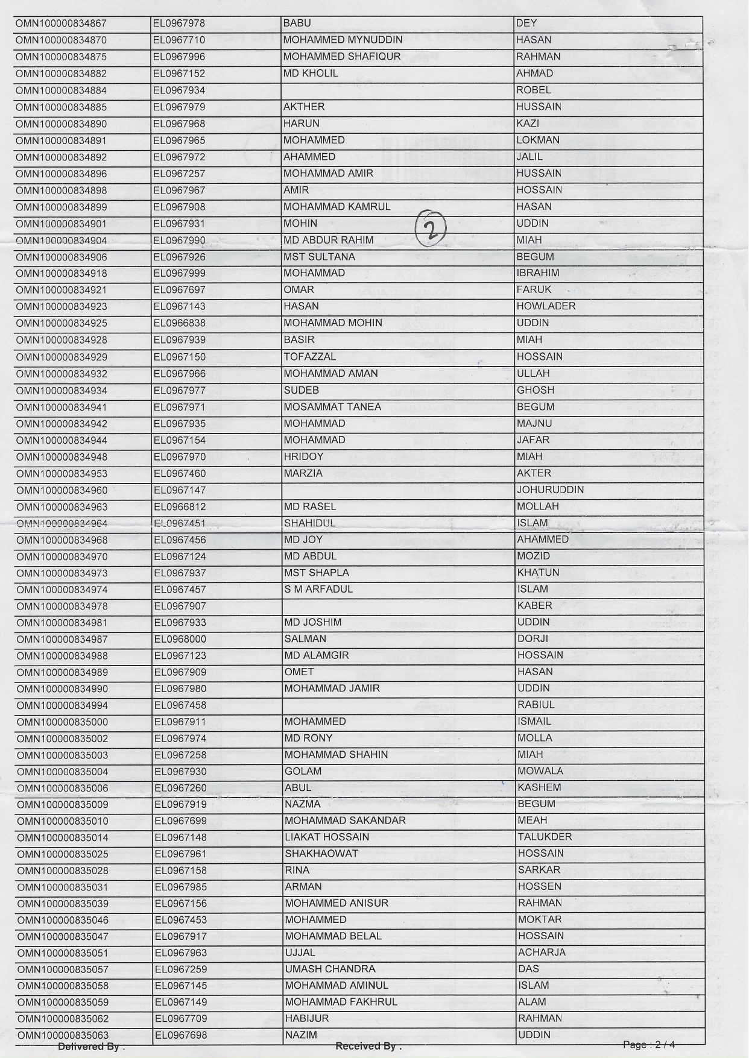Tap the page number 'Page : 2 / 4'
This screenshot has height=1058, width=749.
[x=648, y=1045]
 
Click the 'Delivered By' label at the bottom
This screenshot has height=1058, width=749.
[x=91, y=1047]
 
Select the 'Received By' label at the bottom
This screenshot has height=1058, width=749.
[x=368, y=1047]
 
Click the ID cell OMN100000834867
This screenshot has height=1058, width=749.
[x=61, y=24]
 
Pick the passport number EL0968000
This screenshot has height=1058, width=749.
[x=180, y=639]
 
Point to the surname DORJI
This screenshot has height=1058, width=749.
[x=533, y=639]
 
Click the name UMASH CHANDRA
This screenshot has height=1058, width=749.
[x=330, y=969]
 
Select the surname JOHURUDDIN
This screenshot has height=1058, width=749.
[x=550, y=490]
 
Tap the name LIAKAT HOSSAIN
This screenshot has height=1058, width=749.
[x=327, y=837]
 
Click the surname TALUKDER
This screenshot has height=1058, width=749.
[x=545, y=837]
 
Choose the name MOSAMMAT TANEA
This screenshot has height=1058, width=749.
[x=332, y=407]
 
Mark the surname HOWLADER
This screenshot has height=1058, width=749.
[x=546, y=306]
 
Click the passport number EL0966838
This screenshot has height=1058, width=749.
[x=179, y=323]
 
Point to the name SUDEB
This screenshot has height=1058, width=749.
[x=301, y=391]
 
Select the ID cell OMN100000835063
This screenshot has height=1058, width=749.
[x=62, y=1036]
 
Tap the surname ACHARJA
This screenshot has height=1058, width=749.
[x=542, y=953]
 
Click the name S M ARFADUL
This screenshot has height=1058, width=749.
[x=318, y=590]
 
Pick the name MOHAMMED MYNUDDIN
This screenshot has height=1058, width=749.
[x=343, y=40]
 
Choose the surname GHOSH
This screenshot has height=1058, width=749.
[x=535, y=391]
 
